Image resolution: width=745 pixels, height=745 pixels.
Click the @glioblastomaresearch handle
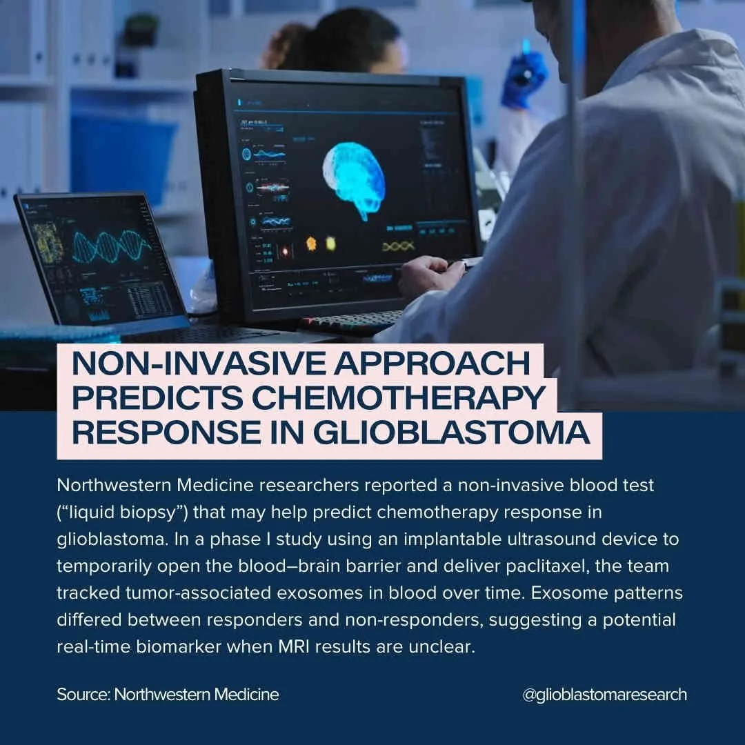pos(604,694)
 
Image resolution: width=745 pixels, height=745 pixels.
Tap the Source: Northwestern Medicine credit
pos(168,694)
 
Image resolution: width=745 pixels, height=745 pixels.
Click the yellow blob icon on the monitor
pos(330,243)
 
